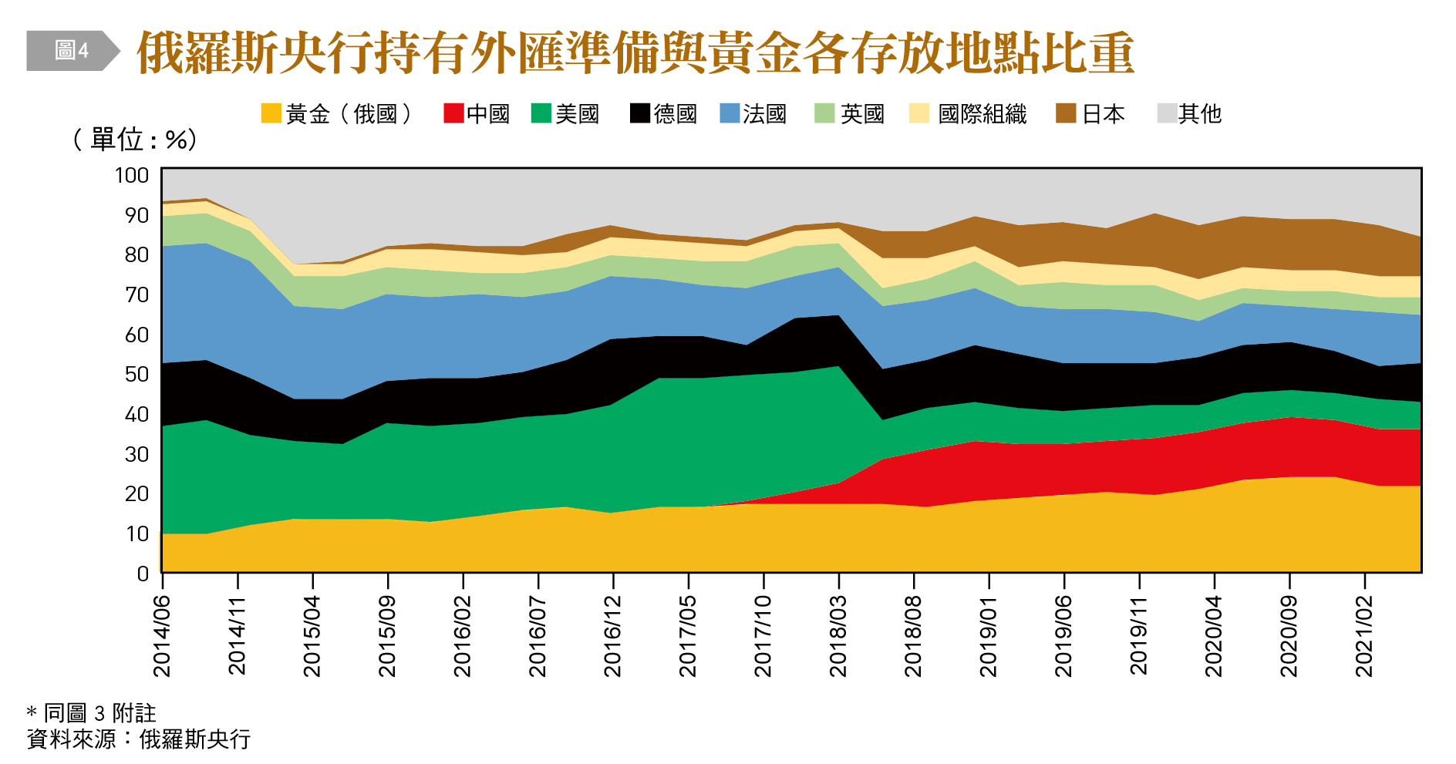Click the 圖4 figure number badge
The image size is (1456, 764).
point(72,51)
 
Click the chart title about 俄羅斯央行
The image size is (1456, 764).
point(635,52)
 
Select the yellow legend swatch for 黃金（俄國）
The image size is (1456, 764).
point(271,113)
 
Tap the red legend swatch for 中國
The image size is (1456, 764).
point(453,113)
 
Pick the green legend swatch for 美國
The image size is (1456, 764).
point(541,113)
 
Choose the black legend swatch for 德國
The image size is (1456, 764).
point(640,113)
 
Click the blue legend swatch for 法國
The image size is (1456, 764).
point(730,113)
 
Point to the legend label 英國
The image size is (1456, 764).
point(862,114)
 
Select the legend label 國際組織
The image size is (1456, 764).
point(982,114)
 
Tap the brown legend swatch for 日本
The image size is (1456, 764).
point(1066,113)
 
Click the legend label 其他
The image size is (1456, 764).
point(1200,114)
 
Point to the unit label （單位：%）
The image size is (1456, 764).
point(135,140)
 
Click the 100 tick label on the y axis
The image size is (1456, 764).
point(132,175)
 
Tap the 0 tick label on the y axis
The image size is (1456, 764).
point(143,573)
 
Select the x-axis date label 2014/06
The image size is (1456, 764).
point(162,636)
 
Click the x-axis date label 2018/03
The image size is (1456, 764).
point(838,636)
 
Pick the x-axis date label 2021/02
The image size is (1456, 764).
point(1365,636)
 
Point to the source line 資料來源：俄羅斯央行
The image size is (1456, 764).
point(139,739)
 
